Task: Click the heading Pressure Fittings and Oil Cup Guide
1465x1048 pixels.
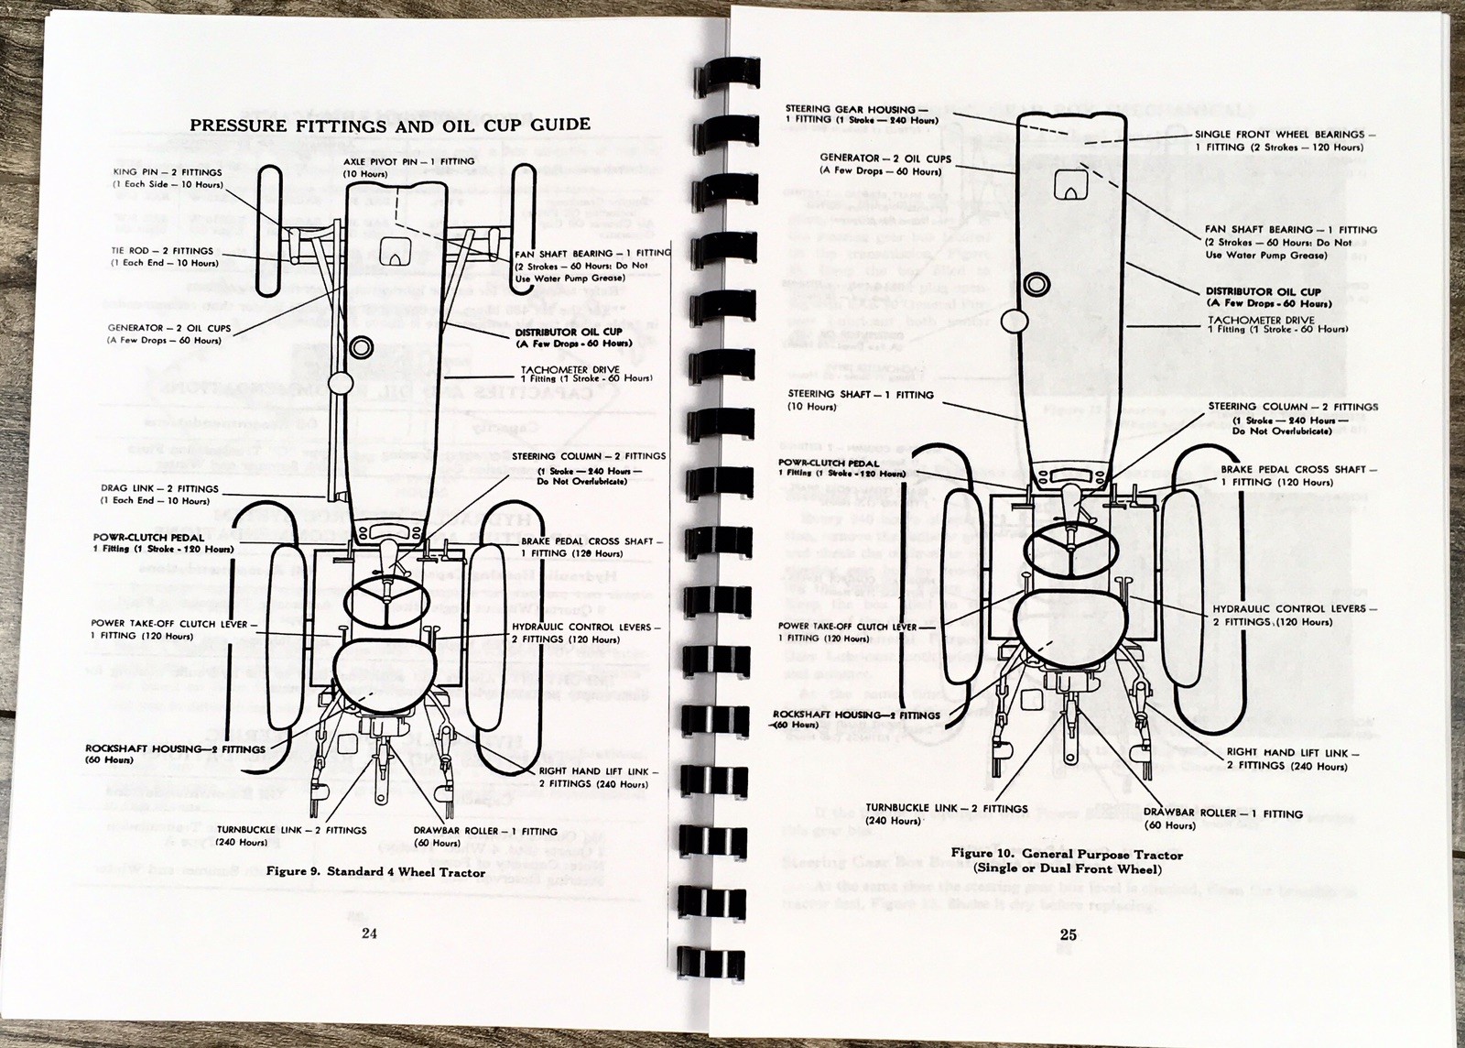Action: point(389,125)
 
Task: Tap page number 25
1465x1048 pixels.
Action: point(1069,934)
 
